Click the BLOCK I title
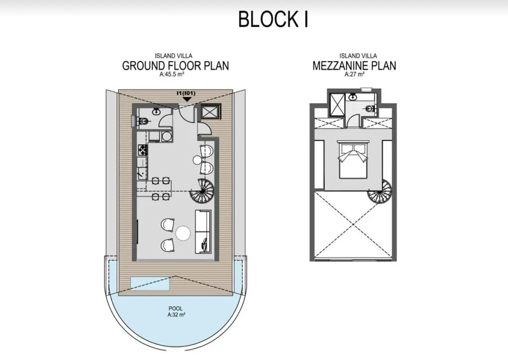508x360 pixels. (273, 19)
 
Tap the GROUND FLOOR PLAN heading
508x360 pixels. (175, 66)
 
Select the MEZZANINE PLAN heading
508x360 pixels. (354, 66)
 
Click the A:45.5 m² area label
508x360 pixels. (172, 74)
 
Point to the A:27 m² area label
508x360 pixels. (354, 74)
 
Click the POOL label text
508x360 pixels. (176, 308)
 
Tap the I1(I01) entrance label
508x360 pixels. (186, 93)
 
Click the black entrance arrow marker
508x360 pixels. (187, 99)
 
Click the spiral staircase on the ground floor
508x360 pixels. (202, 192)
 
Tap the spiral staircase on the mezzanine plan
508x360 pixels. (380, 192)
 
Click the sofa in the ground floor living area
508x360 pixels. (203, 232)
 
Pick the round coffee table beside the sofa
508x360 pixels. (183, 233)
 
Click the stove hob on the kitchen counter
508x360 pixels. (143, 150)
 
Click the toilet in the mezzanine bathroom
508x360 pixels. (370, 109)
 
